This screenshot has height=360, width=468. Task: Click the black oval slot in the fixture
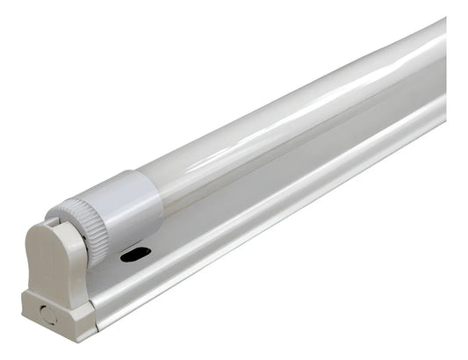coord(136,254)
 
